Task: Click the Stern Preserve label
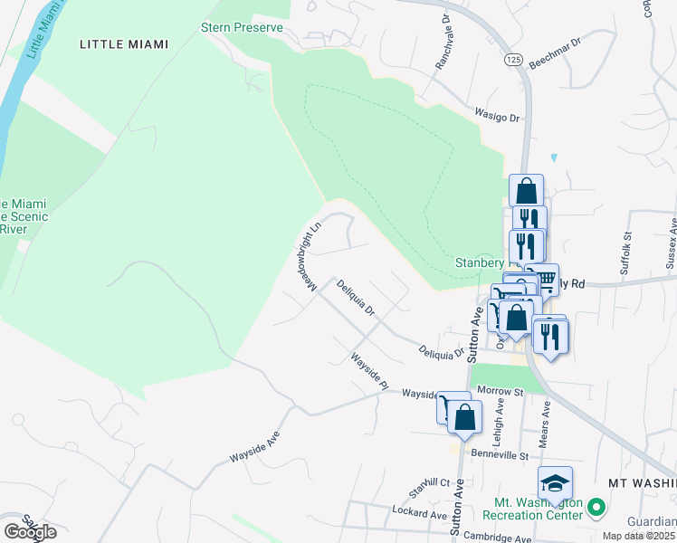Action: click(242, 27)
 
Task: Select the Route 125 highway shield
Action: click(513, 59)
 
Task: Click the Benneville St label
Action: click(499, 455)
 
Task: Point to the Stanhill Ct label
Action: click(427, 482)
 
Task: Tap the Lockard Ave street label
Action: click(420, 514)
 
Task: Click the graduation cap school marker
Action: click(555, 483)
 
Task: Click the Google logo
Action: click(30, 532)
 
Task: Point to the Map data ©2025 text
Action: click(639, 536)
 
